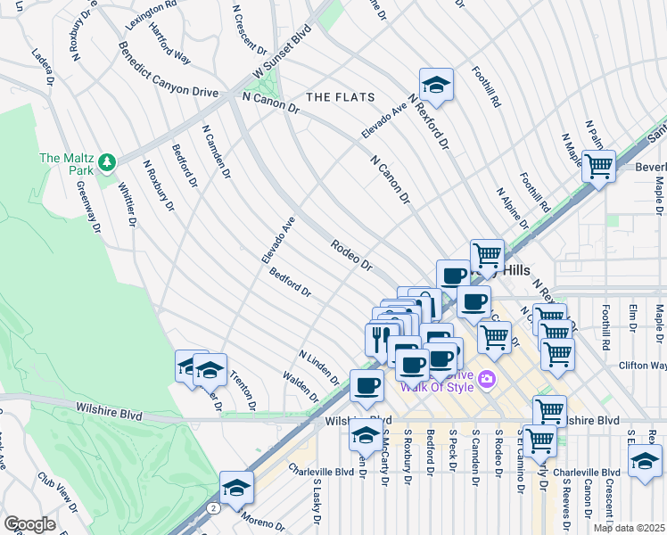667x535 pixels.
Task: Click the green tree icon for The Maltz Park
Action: pyautogui.click(x=107, y=161)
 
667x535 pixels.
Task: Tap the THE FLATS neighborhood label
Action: pyautogui.click(x=340, y=96)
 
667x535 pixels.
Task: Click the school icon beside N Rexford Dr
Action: pyautogui.click(x=436, y=85)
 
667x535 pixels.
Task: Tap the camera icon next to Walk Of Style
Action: pyautogui.click(x=487, y=379)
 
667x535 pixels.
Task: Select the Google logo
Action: pyautogui.click(x=29, y=524)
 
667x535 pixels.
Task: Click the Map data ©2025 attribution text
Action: pyautogui.click(x=629, y=528)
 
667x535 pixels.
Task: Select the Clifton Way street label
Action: pyautogui.click(x=643, y=366)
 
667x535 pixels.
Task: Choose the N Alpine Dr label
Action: pyautogui.click(x=514, y=207)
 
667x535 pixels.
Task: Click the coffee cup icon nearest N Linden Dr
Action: pyautogui.click(x=366, y=385)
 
